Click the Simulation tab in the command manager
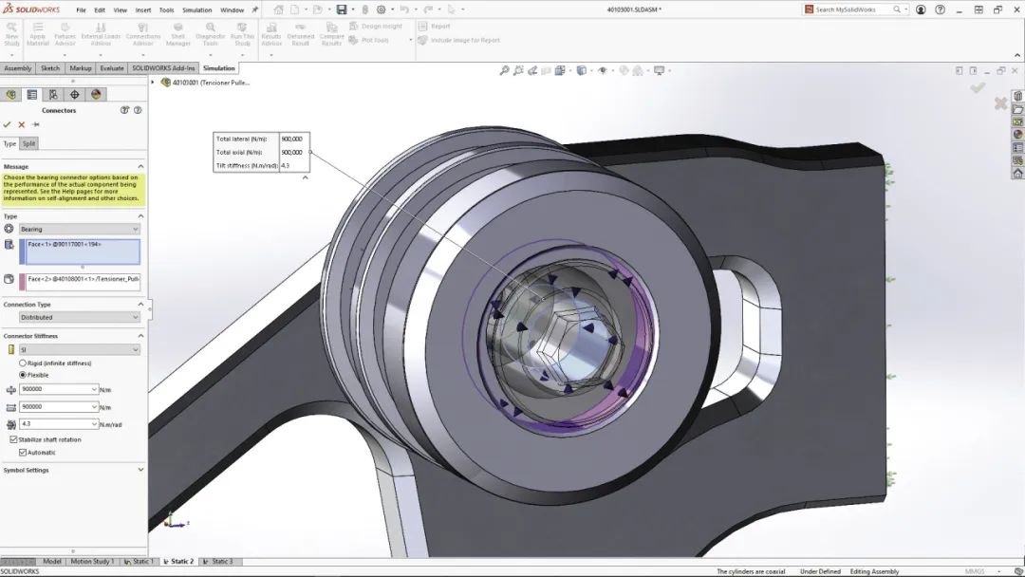click(218, 68)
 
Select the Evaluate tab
click(112, 68)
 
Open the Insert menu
click(143, 9)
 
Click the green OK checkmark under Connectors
click(8, 124)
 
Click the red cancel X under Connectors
click(22, 124)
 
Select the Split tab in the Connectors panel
click(29, 144)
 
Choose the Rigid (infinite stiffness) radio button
click(23, 363)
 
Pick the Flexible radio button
click(23, 375)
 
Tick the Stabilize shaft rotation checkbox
click(13, 439)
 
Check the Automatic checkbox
click(21, 453)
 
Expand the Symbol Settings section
click(140, 470)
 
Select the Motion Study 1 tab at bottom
click(93, 562)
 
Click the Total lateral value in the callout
click(292, 139)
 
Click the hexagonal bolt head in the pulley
click(560, 345)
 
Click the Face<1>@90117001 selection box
click(80, 251)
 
